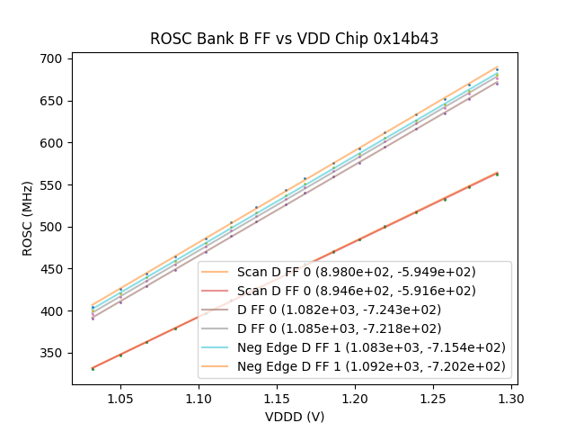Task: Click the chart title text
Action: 294,39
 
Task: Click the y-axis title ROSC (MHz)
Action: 29,218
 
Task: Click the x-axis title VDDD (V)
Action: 294,417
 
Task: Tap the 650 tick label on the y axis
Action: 50,101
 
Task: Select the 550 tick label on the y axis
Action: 50,184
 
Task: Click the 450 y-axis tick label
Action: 50,269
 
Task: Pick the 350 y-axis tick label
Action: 50,353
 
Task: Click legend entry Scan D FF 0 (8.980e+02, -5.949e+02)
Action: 356,271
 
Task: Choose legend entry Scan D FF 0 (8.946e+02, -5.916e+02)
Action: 356,291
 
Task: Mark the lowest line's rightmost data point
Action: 497,174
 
